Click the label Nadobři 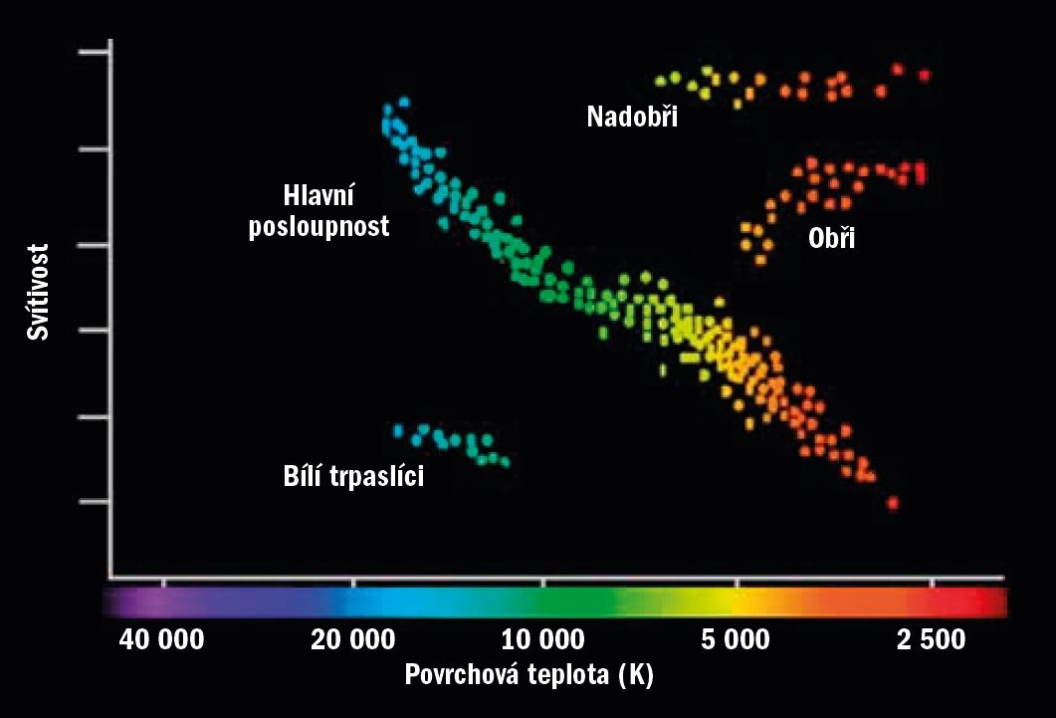pos(632,118)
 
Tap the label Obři pos(832,238)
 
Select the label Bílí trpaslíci pos(354,477)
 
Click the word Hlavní pos(318,195)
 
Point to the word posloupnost pos(319,226)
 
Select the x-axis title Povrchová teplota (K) pos(528,675)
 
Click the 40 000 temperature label pos(162,639)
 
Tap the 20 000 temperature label pos(353,639)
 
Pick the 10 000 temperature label pos(542,639)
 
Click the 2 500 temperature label pos(931,639)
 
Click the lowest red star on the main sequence pos(892,503)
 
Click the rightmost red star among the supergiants pos(925,75)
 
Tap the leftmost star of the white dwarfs pos(398,431)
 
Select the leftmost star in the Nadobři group pos(659,80)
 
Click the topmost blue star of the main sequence pos(404,102)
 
